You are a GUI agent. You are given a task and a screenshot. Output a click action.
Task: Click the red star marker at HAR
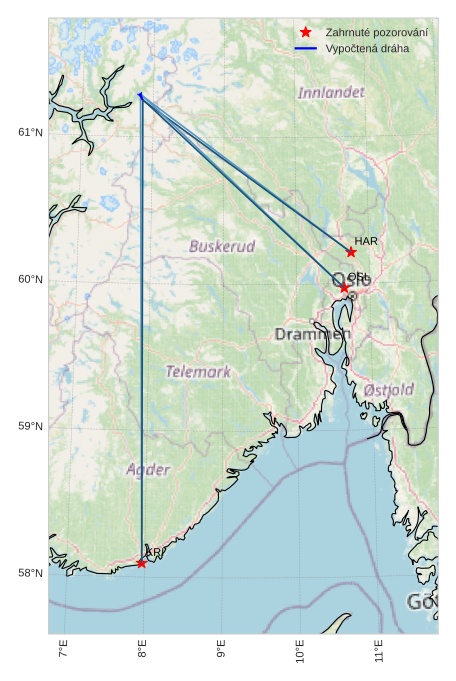point(351,252)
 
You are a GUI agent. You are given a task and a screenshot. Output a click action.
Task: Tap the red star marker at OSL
point(345,288)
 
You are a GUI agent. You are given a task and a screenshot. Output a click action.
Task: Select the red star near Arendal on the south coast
point(142,563)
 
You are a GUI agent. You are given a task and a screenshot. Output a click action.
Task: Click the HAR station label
point(366,241)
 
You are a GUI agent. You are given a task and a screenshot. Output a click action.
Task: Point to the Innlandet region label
point(331,92)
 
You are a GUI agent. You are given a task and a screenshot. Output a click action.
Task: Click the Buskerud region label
point(222,246)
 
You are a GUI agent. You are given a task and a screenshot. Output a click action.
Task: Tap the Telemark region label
point(198,372)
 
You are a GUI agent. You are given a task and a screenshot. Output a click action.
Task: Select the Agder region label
point(148,469)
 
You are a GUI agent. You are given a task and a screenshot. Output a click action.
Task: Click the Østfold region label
point(389,389)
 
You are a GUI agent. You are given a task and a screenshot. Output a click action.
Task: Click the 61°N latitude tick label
point(30,133)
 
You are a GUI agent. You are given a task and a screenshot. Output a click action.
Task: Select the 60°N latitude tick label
point(30,280)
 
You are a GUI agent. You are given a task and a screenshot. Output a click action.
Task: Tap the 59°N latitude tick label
point(30,427)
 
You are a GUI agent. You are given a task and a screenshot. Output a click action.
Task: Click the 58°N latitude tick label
point(30,574)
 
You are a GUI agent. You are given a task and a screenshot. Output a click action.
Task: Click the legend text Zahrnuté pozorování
point(377,33)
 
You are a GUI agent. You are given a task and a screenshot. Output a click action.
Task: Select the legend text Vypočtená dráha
point(367,48)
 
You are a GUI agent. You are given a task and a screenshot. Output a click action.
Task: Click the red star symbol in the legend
point(306,33)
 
